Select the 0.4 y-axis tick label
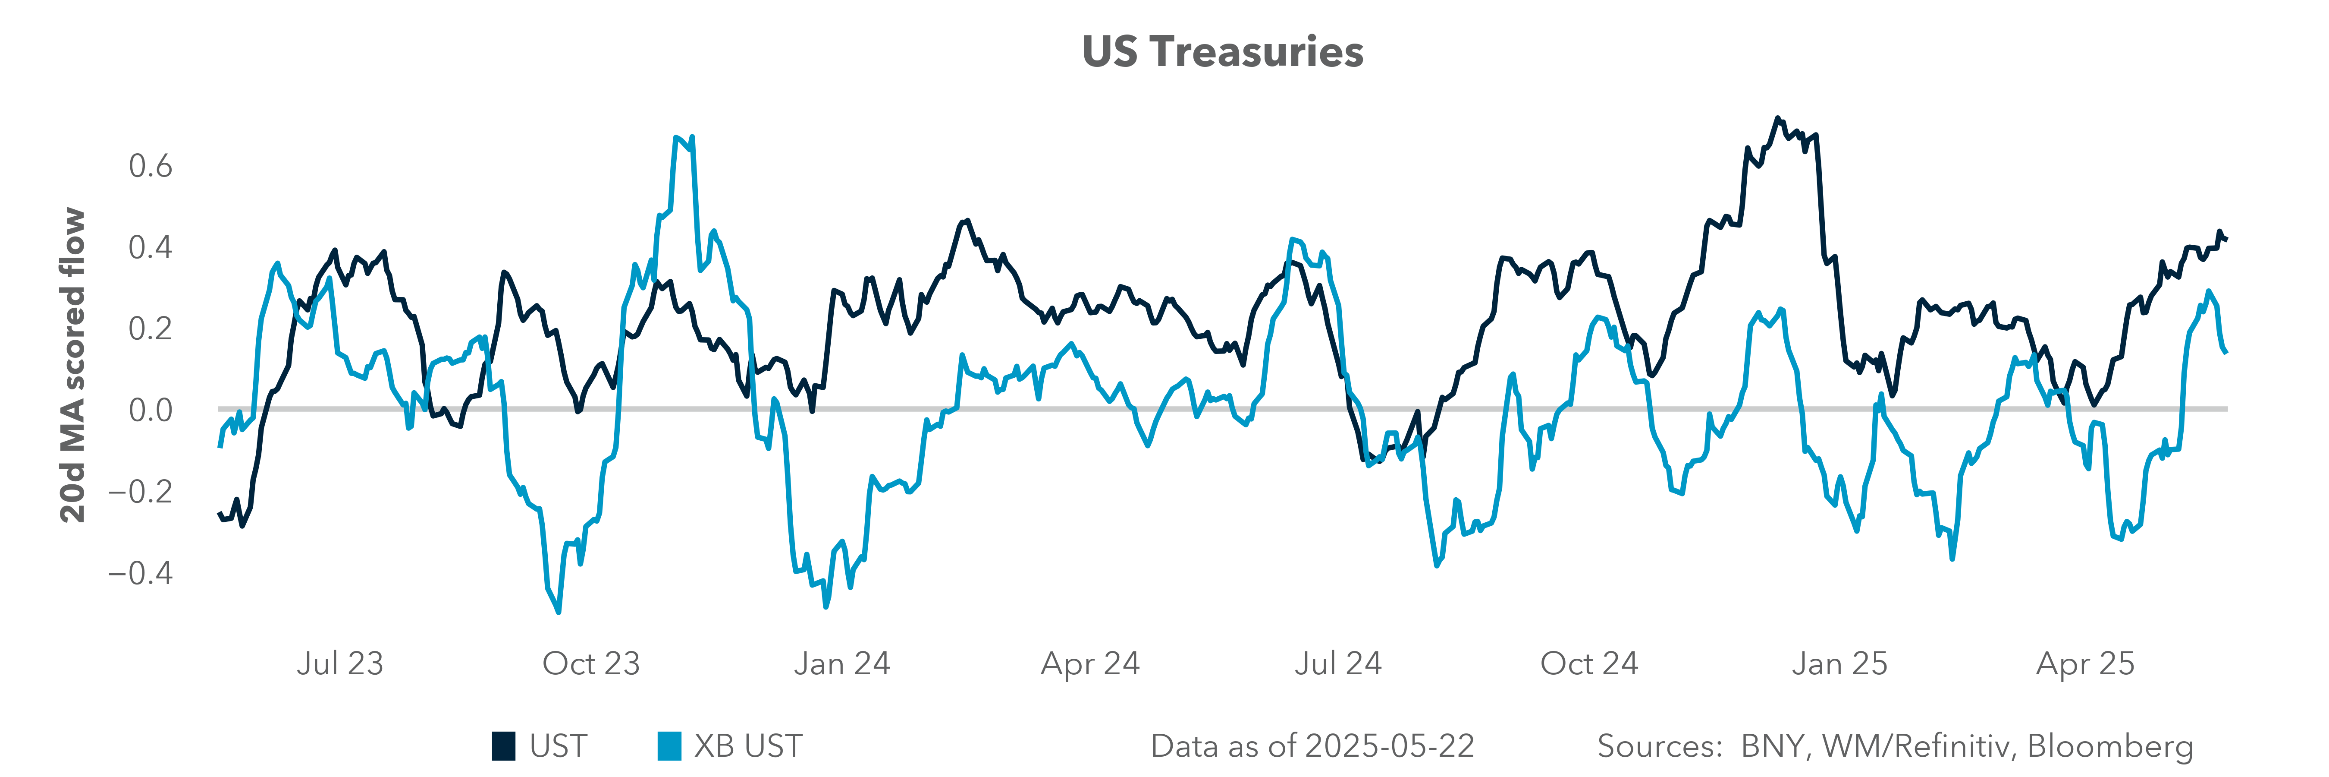(150, 247)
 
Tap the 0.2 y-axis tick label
(150, 328)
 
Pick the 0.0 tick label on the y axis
(150, 410)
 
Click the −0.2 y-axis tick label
(140, 491)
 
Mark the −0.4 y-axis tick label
(140, 572)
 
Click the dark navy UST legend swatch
(504, 746)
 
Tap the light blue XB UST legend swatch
(669, 746)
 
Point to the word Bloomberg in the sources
(2110, 746)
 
